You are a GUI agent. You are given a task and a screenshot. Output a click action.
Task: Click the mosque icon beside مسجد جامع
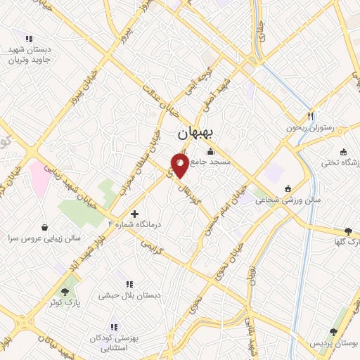coord(210,152)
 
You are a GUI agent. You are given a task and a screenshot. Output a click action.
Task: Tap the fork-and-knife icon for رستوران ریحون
coord(310,116)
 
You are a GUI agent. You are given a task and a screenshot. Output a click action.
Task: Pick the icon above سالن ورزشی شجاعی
coord(288,188)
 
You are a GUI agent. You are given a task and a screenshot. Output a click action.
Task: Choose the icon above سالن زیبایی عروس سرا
coord(46,228)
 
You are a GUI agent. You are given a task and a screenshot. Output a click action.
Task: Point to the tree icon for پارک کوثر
coord(65,290)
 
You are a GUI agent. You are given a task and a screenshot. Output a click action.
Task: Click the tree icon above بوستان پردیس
coord(333,332)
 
